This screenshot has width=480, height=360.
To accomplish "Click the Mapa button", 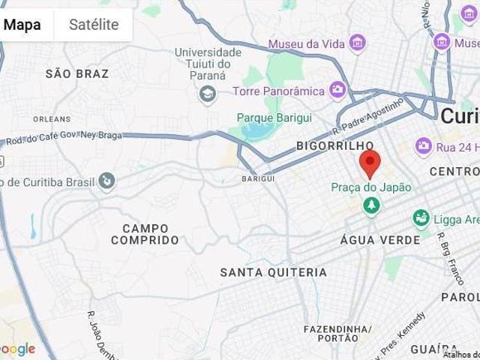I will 22,24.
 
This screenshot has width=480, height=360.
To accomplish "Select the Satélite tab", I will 94,24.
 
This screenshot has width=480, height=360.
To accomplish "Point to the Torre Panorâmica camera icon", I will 338,91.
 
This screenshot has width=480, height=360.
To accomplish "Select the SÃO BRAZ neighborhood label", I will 77,73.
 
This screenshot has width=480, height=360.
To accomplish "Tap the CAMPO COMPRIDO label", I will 145,234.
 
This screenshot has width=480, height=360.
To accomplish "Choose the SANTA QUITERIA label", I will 273,272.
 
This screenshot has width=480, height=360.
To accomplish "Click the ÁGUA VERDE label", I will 370,239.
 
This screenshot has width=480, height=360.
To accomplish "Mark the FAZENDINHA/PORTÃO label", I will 337,334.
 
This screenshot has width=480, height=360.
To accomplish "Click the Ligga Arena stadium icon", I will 421,219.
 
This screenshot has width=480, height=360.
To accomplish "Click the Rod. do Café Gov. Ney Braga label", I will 63,139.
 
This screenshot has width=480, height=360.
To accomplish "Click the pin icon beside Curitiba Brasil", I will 108,181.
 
